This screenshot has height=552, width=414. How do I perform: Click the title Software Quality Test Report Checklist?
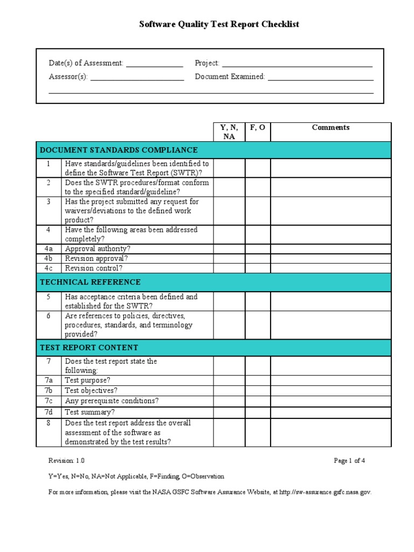tap(219, 24)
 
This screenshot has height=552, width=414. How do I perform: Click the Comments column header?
tap(330, 128)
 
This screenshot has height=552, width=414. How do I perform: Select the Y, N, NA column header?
tap(229, 132)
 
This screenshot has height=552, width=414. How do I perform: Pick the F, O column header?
tap(258, 128)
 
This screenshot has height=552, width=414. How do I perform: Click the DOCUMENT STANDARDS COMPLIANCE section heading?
tap(119, 150)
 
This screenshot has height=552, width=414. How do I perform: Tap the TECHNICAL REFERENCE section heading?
tap(90, 282)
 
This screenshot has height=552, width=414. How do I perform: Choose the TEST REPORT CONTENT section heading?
tap(89, 348)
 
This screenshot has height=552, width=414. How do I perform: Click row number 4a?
tap(49, 249)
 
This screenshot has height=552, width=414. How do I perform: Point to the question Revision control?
tap(94, 268)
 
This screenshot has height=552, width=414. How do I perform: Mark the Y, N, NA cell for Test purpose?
tap(229, 381)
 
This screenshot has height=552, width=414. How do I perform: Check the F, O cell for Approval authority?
tap(258, 249)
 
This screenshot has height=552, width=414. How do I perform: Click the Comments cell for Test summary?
tap(330, 412)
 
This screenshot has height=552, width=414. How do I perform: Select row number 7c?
tap(49, 401)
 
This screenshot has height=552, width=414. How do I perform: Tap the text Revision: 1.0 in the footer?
tap(66, 461)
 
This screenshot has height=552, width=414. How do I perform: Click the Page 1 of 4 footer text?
tap(349, 461)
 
